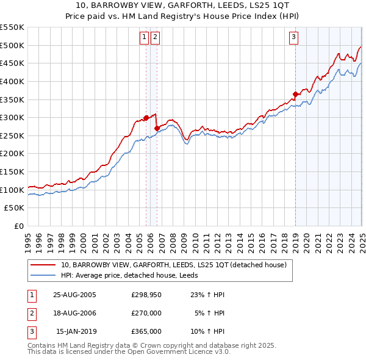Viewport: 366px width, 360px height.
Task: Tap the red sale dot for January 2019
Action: click(x=295, y=94)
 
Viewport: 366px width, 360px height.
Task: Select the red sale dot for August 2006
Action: click(x=157, y=128)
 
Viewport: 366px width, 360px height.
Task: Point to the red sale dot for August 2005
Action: click(x=146, y=118)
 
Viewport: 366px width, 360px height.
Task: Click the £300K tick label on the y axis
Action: click(x=13, y=117)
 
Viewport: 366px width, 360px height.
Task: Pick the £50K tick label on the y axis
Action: click(x=15, y=208)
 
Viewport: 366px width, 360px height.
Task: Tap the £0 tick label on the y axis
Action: click(x=20, y=226)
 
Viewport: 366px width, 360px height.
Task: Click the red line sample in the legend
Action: click(x=43, y=265)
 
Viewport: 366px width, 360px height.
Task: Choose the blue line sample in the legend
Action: click(x=43, y=275)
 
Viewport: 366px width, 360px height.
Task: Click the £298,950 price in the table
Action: click(x=146, y=294)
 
